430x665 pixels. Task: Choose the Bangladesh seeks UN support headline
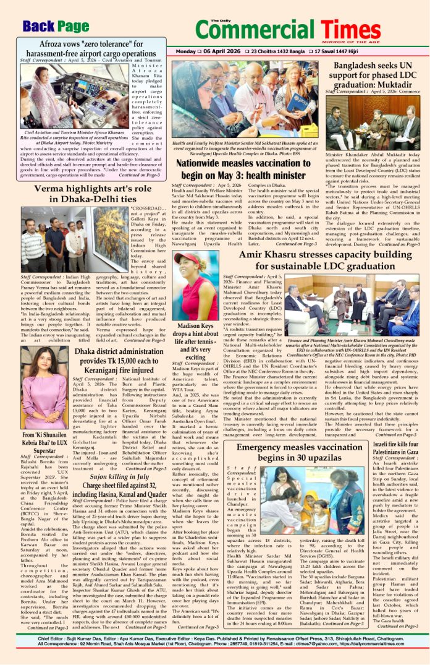[377, 74]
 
